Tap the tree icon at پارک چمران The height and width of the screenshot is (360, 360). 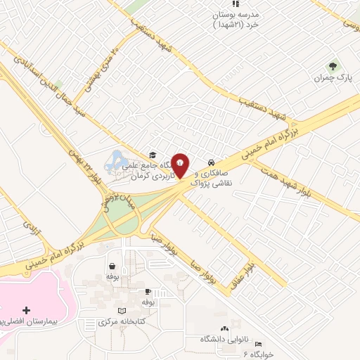coord(344,67)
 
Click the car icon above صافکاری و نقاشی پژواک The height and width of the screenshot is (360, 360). coord(212,160)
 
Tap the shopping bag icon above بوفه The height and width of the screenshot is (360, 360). coord(112,266)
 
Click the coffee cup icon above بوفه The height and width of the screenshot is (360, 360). coord(148,291)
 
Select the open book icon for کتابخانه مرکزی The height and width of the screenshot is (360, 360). coord(123,310)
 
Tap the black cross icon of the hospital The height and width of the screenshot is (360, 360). coord(27,310)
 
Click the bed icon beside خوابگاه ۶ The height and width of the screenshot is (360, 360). coord(258,344)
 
